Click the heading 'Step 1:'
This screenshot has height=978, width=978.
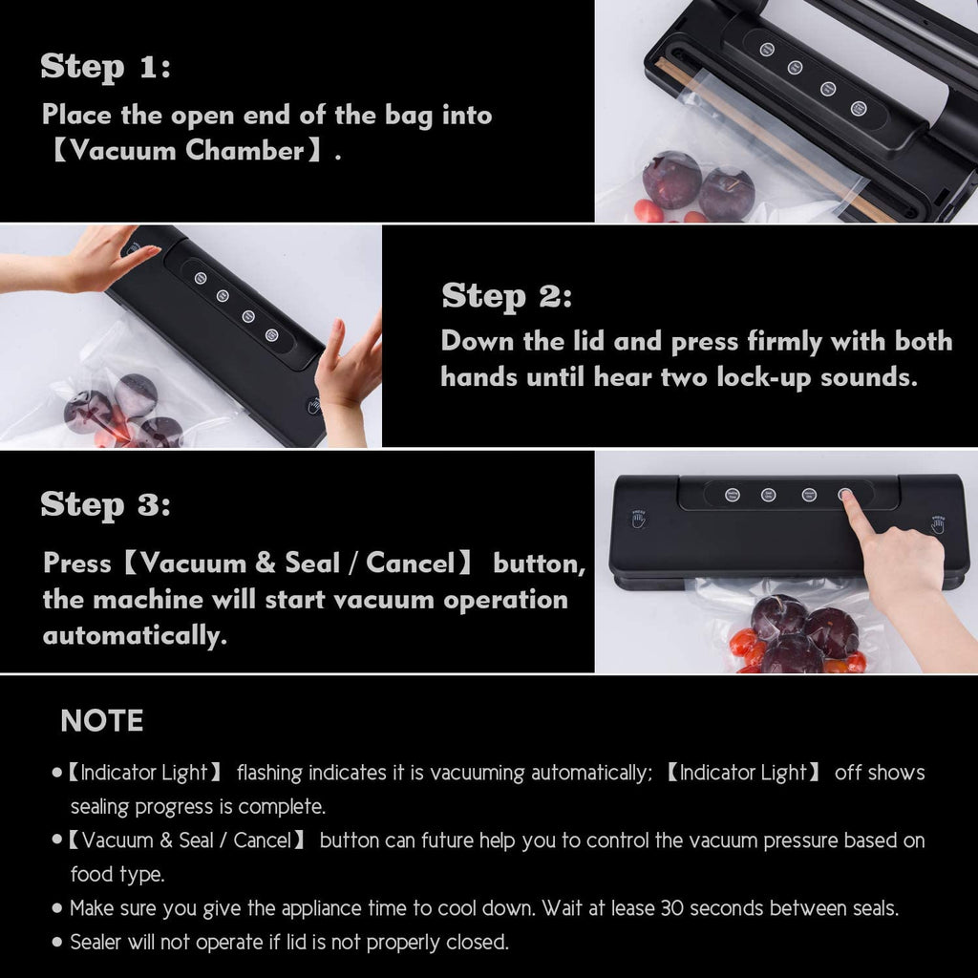click(105, 67)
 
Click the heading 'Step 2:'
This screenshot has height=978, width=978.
click(506, 296)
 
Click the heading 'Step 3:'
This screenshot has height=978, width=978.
click(105, 504)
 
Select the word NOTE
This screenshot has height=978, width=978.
click(102, 721)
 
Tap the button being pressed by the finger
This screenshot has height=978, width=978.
click(844, 495)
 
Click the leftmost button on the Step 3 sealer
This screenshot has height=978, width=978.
click(733, 495)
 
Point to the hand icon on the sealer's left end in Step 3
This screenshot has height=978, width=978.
click(638, 519)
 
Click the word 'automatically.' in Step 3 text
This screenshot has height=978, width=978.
click(135, 635)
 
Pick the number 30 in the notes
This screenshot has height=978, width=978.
click(671, 908)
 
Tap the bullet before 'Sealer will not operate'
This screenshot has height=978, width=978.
click(58, 943)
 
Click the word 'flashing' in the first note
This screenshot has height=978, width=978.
click(275, 773)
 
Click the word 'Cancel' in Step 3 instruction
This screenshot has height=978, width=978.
click(410, 563)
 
